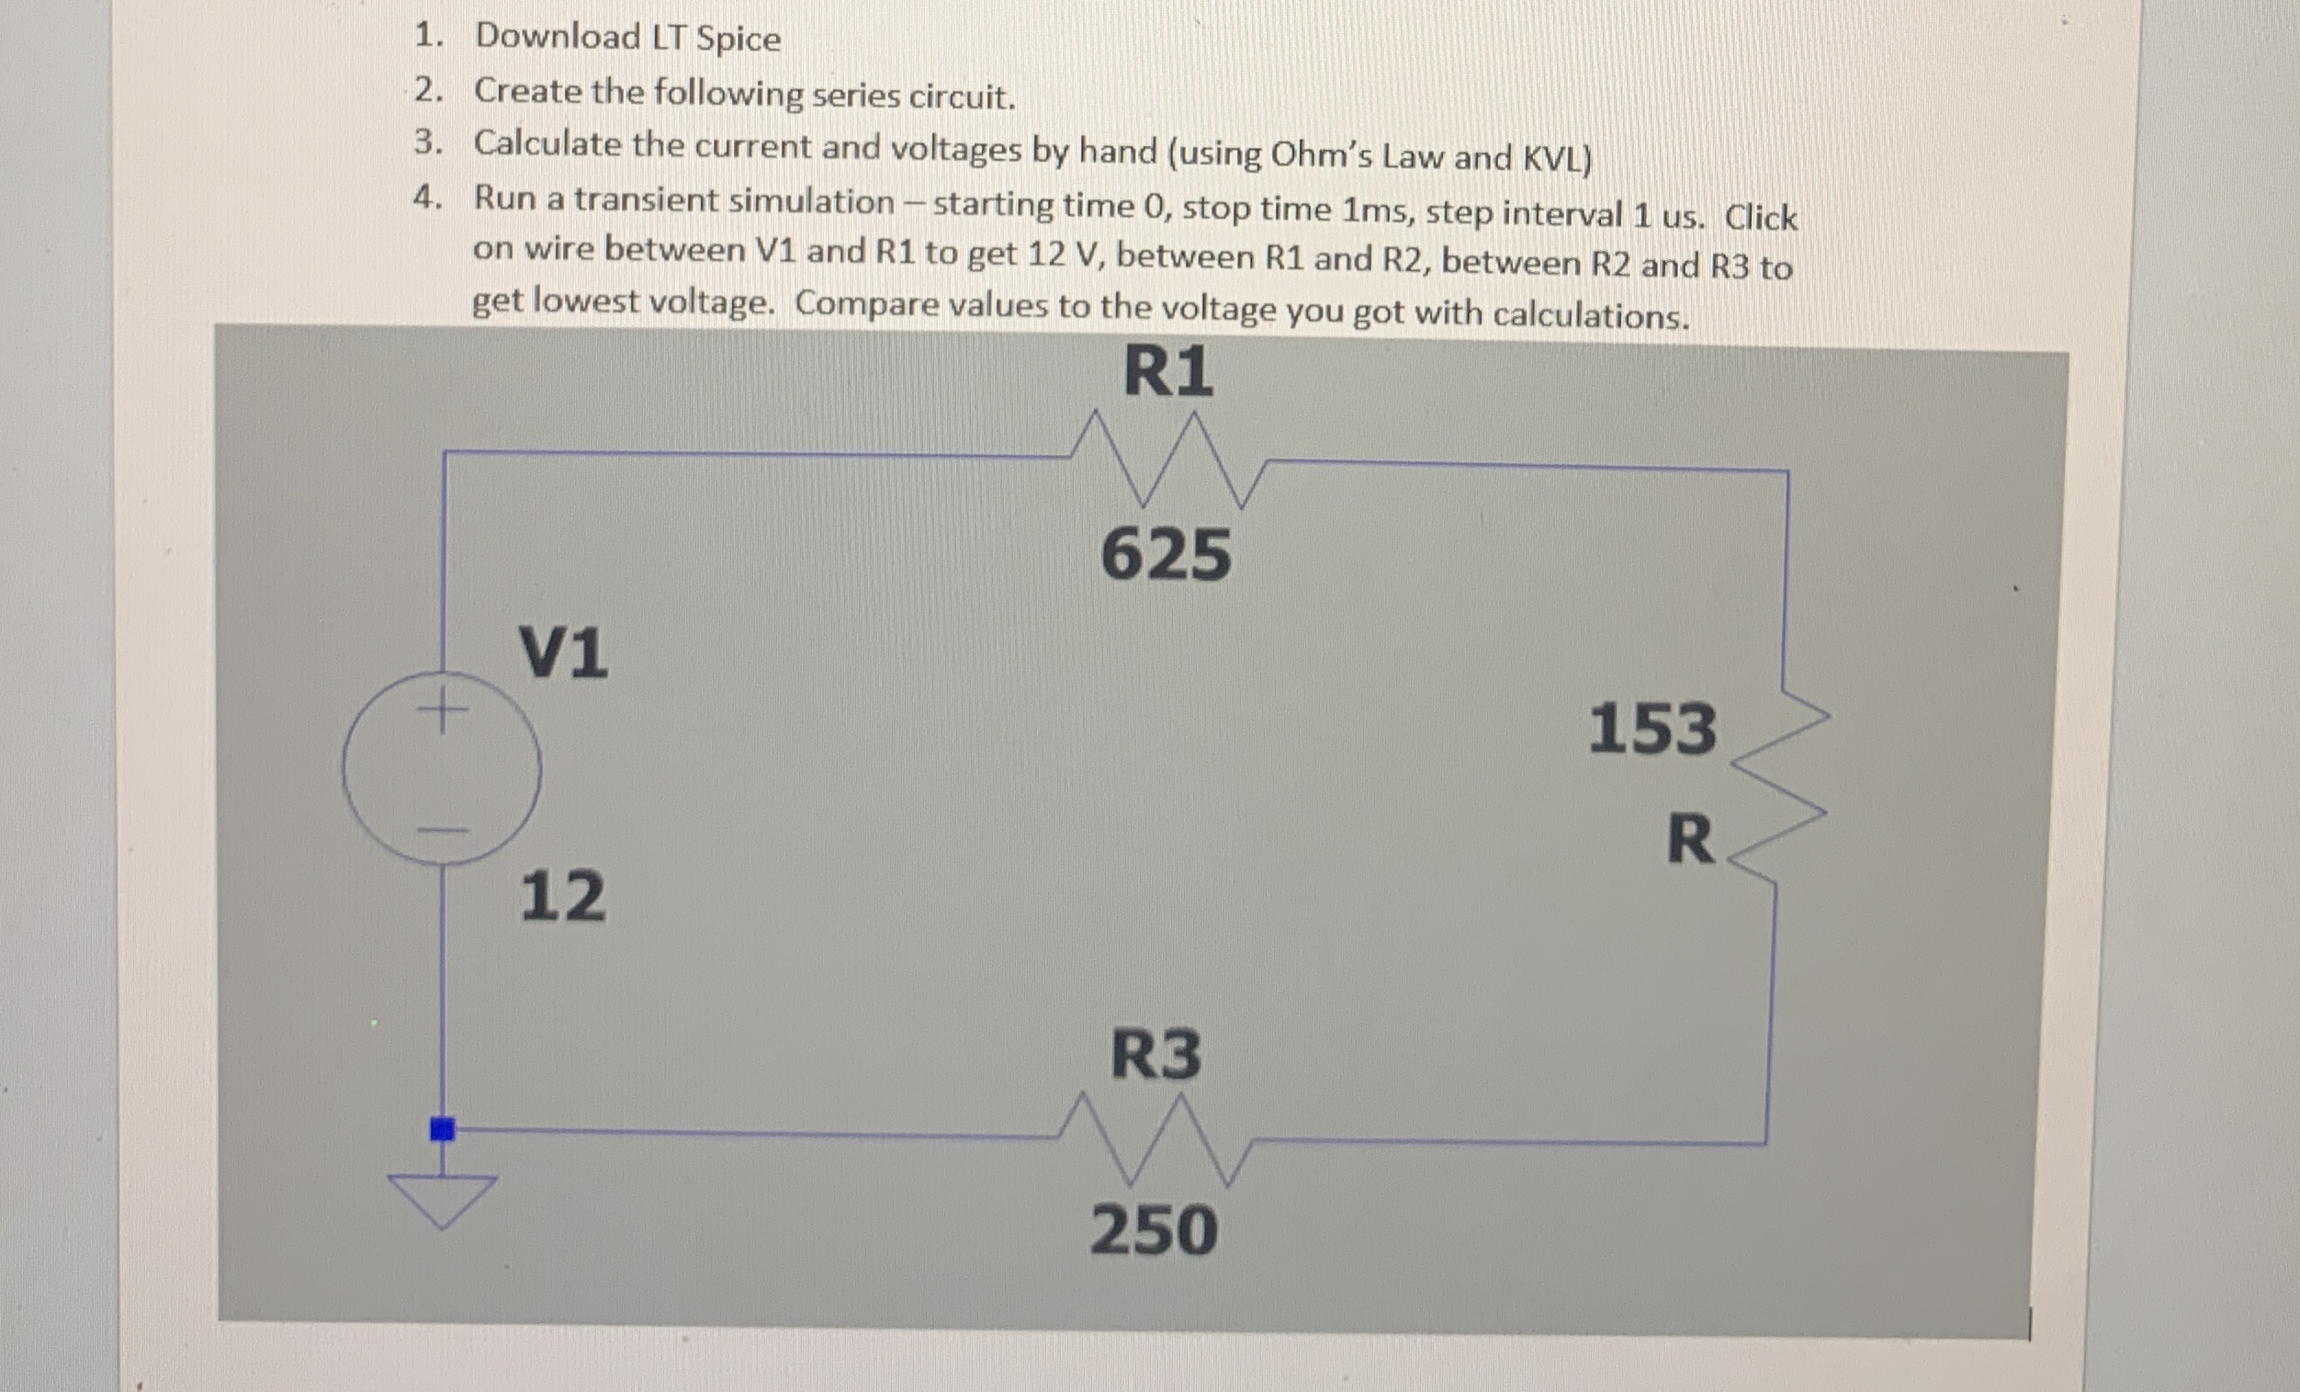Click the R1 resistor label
(1167, 372)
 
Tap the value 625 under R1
(1166, 555)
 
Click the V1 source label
(563, 652)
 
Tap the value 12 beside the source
(562, 896)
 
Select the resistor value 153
(1652, 729)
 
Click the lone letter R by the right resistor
(1690, 840)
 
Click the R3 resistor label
(1156, 1055)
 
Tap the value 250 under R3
(1154, 1229)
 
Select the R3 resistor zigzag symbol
(1156, 1138)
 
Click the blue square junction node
(443, 1129)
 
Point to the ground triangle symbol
(443, 1200)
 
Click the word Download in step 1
(558, 37)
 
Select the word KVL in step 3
(1556, 160)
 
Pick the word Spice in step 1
(738, 40)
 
